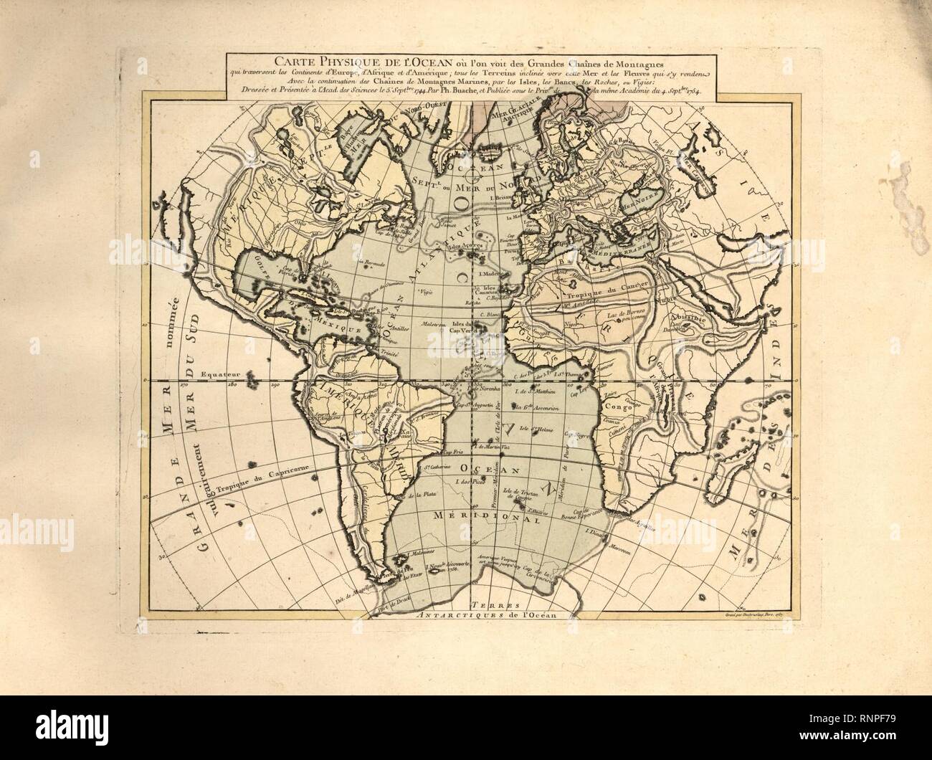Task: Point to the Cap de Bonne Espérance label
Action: point(574,512)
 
